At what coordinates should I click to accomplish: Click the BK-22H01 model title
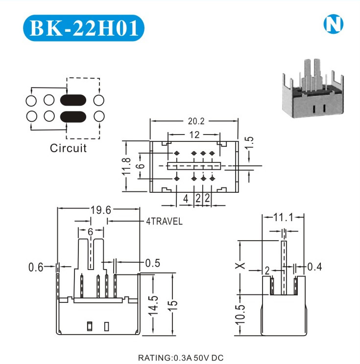(x=84, y=28)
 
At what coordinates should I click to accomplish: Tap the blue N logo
(x=334, y=24)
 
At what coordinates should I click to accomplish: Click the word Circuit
(x=68, y=148)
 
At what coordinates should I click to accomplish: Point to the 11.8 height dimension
(x=126, y=167)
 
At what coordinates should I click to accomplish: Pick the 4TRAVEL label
(x=164, y=222)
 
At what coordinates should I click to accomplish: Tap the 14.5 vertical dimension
(x=154, y=304)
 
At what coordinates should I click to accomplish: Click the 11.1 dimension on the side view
(x=283, y=217)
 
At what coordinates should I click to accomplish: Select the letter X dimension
(x=240, y=267)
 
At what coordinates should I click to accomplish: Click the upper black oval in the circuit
(x=73, y=100)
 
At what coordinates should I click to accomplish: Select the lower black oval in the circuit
(x=73, y=116)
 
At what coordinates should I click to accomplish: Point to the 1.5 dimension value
(x=250, y=142)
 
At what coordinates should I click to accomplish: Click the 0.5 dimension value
(x=152, y=263)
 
